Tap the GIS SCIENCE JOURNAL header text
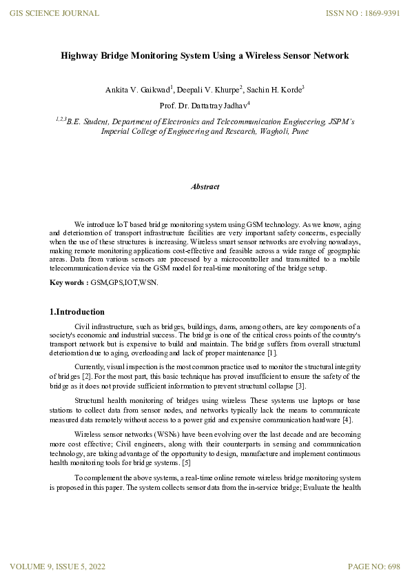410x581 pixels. tap(54, 13)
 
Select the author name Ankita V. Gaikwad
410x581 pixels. tap(135, 90)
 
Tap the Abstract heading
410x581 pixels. tap(205, 186)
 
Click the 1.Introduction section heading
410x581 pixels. tap(77, 312)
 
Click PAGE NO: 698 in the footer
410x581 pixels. tap(374, 567)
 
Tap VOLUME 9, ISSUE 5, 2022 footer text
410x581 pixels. tap(57, 567)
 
